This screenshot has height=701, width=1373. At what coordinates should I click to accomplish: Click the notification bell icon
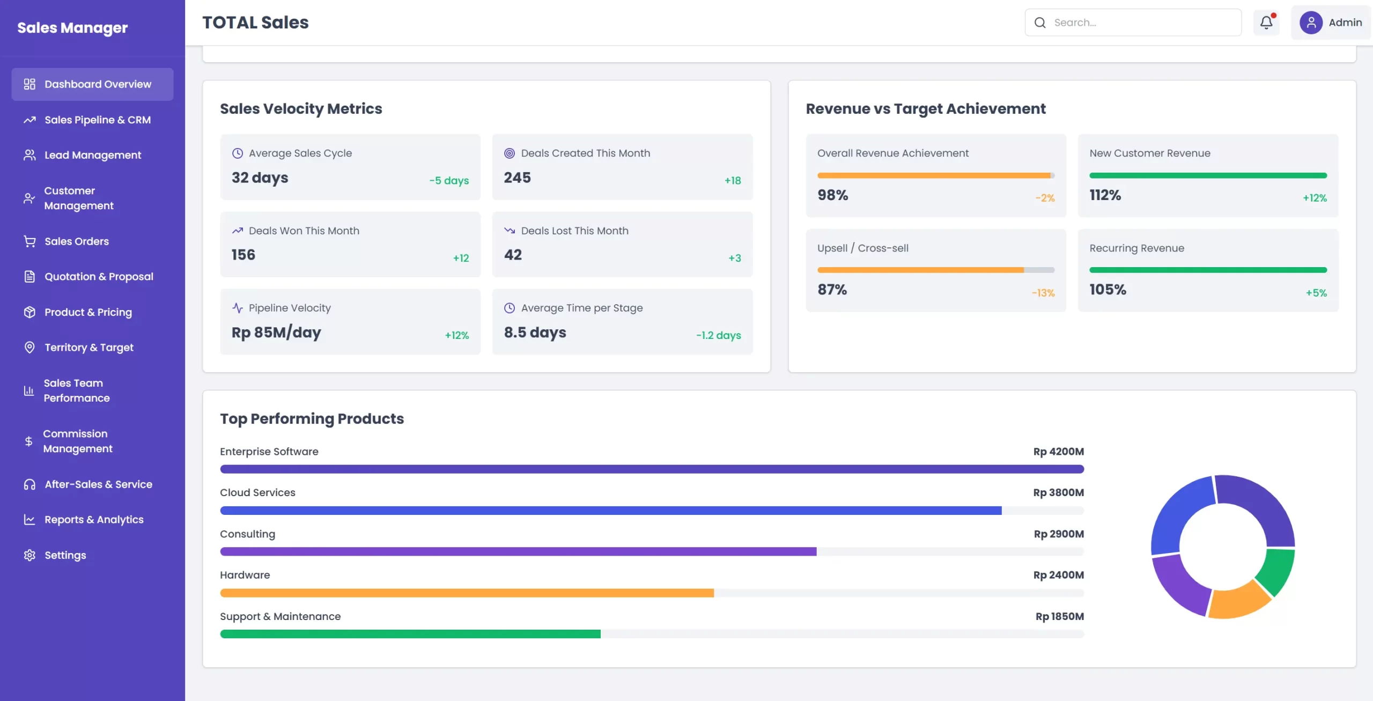coord(1266,23)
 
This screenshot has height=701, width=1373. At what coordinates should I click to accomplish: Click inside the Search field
coord(1142,23)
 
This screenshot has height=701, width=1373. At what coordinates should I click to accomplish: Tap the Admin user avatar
coord(1310,23)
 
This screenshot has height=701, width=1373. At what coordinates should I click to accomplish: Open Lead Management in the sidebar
coord(92,155)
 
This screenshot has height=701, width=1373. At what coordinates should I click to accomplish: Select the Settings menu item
coord(65,555)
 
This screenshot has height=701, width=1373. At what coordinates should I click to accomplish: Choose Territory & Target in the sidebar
coord(88,348)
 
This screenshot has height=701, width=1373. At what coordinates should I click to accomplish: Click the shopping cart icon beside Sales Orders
coord(29,241)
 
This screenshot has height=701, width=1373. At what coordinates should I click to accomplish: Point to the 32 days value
coord(260,178)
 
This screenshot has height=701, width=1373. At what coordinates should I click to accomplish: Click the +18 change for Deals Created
coord(732,181)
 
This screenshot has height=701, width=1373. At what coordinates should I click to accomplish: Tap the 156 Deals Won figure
coord(243,255)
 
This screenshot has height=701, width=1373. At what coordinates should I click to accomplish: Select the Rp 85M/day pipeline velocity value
coord(276,333)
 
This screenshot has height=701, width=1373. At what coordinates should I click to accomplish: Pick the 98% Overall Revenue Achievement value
coord(832,195)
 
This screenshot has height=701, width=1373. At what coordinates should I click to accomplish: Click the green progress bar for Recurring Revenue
coord(1207,270)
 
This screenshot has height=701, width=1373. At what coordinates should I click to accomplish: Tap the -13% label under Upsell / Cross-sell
coord(1043,293)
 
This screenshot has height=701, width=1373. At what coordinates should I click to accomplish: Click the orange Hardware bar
coord(467,593)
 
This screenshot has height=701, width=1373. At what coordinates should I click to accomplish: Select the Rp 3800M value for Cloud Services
coord(1058,492)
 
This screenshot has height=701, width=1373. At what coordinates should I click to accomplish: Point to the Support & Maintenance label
coord(280,616)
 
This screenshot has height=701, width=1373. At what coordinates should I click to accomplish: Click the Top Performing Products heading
coord(312,418)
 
